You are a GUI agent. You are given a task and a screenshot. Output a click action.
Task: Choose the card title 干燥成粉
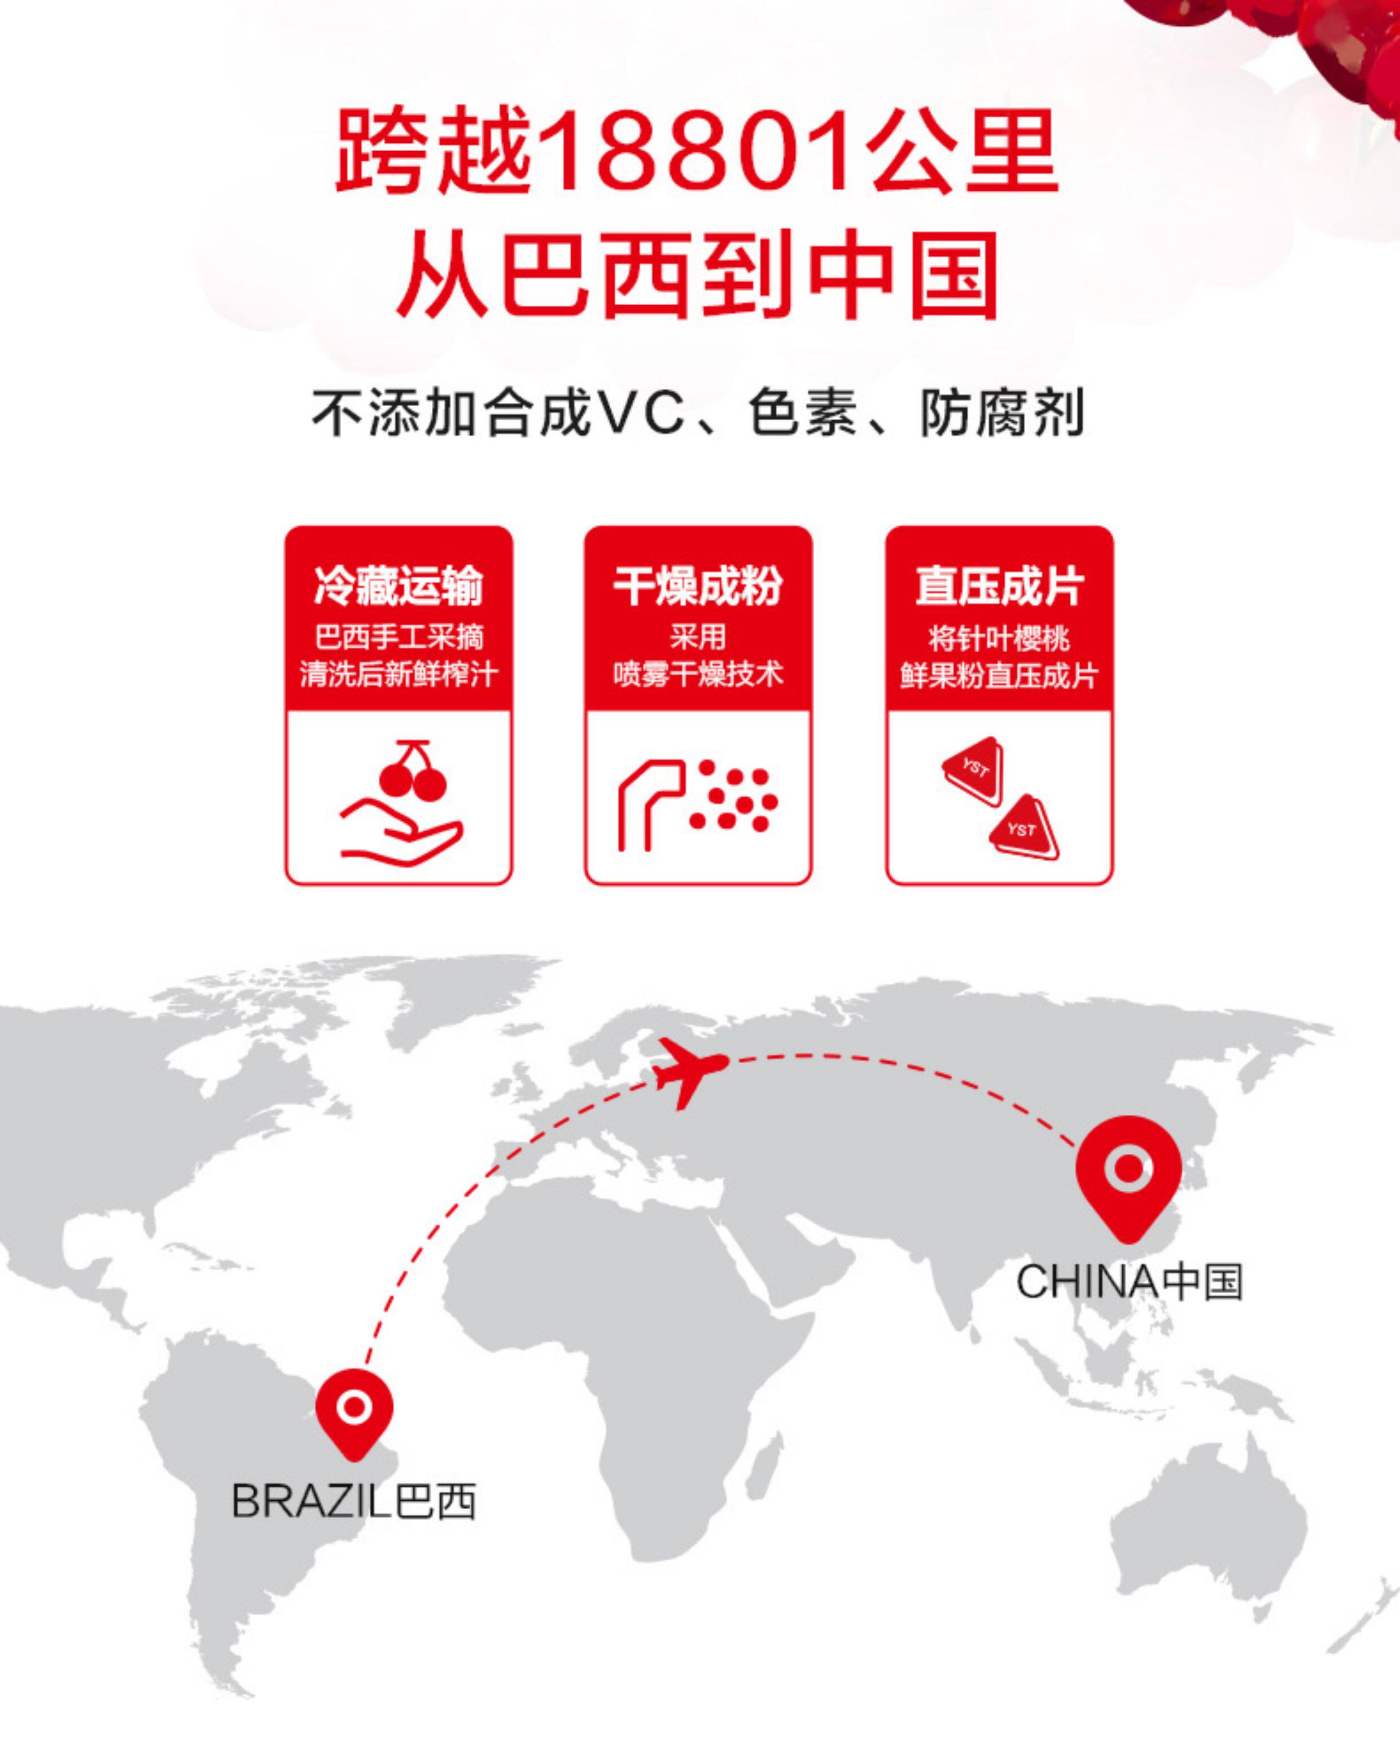point(698,586)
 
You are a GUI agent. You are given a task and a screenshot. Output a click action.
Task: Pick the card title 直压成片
point(999,586)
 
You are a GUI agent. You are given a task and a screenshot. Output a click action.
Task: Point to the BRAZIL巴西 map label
point(353,1501)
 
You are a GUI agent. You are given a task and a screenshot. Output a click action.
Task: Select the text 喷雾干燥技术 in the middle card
point(698,674)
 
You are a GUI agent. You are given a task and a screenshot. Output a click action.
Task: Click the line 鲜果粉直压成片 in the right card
point(999,676)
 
